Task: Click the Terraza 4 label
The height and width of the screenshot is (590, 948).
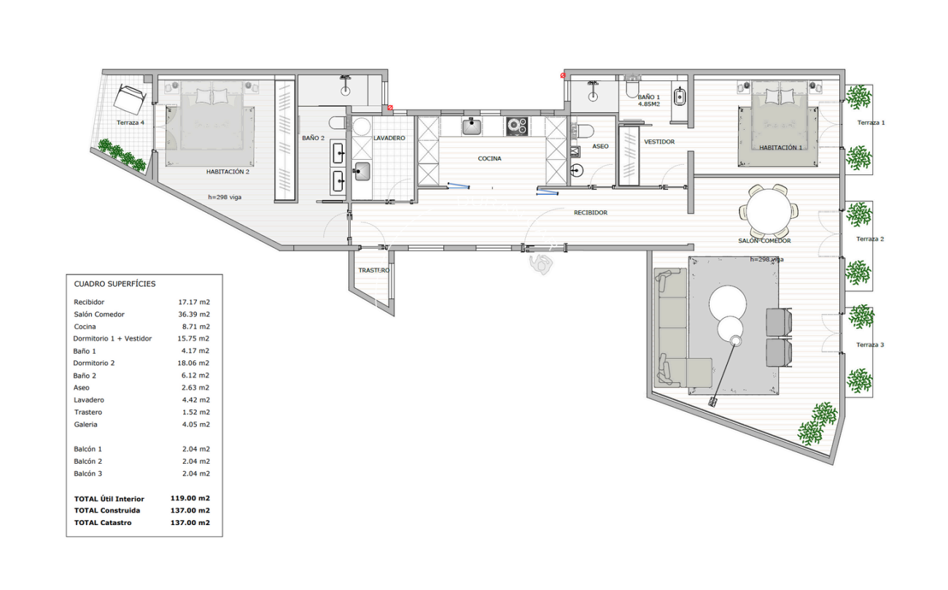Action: pyautogui.click(x=130, y=123)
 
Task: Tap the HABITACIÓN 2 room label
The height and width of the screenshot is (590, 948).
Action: pyautogui.click(x=228, y=172)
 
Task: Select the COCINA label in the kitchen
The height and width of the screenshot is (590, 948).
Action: pyautogui.click(x=489, y=158)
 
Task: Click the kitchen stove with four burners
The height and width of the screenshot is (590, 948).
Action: pyautogui.click(x=517, y=125)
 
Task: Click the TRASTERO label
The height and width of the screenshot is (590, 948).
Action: pyautogui.click(x=374, y=271)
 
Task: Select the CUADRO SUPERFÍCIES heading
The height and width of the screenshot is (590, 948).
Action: pyautogui.click(x=114, y=284)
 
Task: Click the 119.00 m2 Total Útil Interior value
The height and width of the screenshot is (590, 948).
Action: pyautogui.click(x=190, y=499)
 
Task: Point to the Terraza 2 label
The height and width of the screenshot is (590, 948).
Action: pyautogui.click(x=870, y=239)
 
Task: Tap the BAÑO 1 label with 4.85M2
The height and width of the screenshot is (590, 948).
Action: pyautogui.click(x=648, y=100)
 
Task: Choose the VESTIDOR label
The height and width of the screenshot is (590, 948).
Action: pyautogui.click(x=659, y=141)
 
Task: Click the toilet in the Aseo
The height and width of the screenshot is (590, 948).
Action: pyautogui.click(x=584, y=131)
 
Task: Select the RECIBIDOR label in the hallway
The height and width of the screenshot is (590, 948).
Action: pyautogui.click(x=590, y=213)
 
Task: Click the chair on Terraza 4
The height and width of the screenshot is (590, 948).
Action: pyautogui.click(x=131, y=97)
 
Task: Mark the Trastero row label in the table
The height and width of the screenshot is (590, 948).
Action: pyautogui.click(x=88, y=412)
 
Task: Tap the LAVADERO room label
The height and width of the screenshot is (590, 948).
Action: pyautogui.click(x=389, y=138)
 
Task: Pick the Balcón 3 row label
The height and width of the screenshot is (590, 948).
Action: pyautogui.click(x=88, y=474)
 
